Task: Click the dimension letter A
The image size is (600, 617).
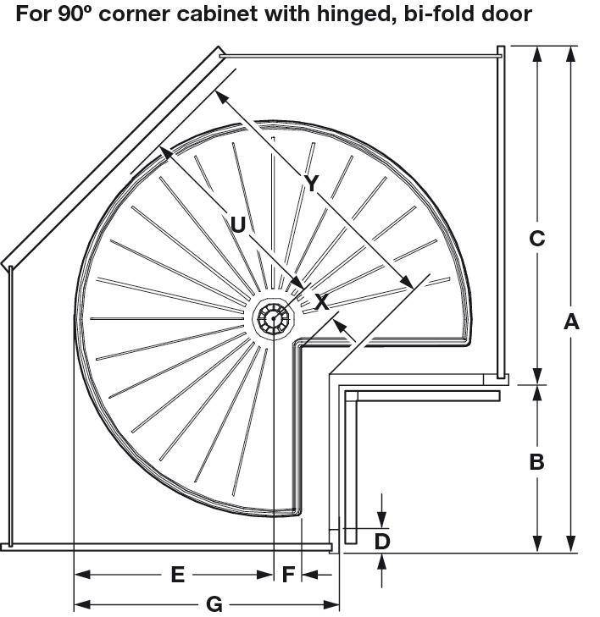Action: [x=571, y=322]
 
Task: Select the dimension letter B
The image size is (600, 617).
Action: [x=536, y=461]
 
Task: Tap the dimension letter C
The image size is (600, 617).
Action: [x=536, y=238]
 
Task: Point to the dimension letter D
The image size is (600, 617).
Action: [x=381, y=541]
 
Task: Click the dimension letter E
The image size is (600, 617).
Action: [x=178, y=574]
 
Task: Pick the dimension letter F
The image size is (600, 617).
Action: [x=288, y=574]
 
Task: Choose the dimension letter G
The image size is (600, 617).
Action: [x=214, y=604]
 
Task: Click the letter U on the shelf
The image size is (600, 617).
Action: [x=237, y=224]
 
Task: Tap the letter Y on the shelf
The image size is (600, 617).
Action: [x=311, y=183]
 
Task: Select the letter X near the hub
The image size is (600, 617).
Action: [x=322, y=302]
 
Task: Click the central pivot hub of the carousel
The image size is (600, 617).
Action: [x=273, y=318]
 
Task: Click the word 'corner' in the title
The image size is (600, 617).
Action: [x=135, y=14]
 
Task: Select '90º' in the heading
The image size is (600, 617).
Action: [x=75, y=14]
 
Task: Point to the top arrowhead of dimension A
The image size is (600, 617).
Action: [x=571, y=54]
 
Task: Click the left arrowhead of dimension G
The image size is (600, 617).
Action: [x=82, y=604]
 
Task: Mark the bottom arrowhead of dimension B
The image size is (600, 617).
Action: [x=536, y=544]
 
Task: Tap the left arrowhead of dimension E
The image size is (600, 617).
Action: [x=82, y=575]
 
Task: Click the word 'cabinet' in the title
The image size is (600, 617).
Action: [x=218, y=14]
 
